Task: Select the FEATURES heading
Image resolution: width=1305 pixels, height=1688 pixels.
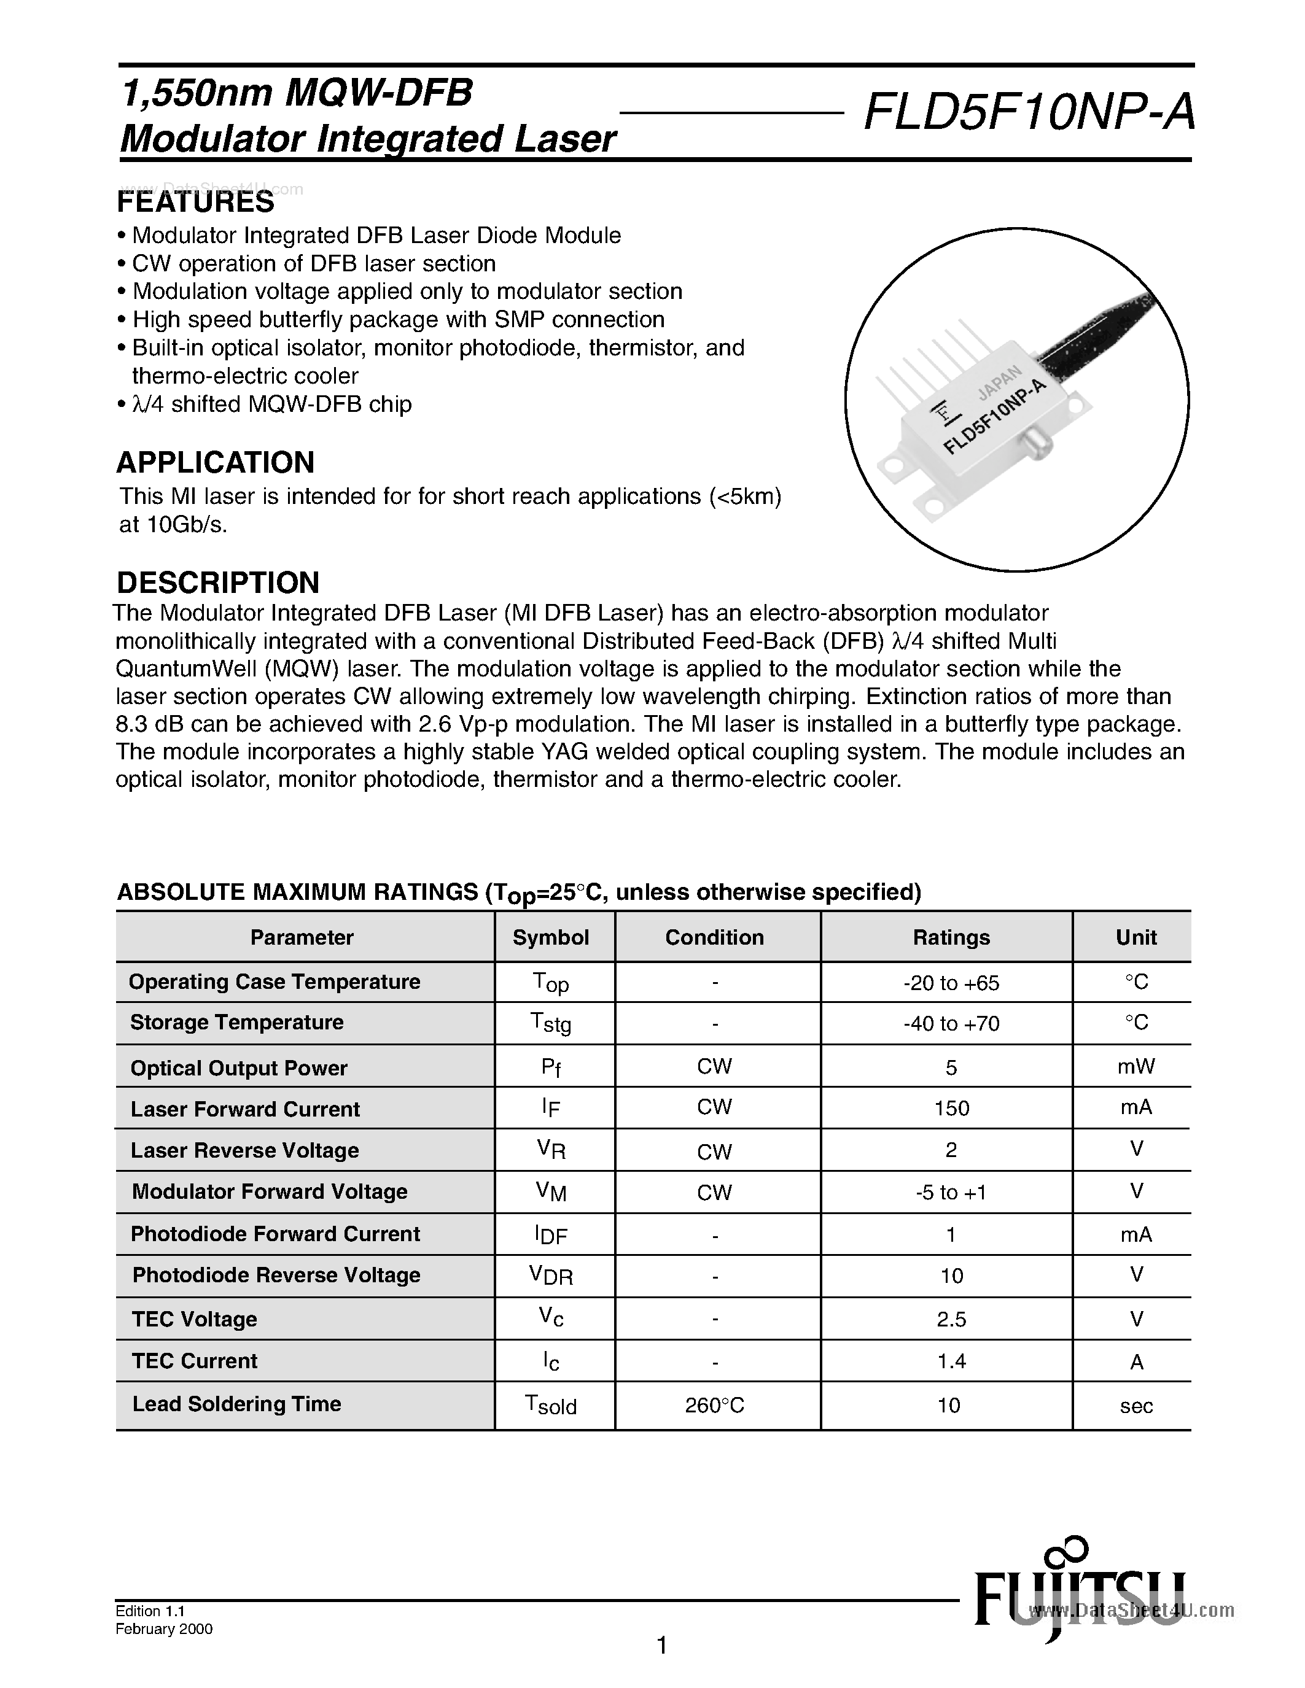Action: pos(195,203)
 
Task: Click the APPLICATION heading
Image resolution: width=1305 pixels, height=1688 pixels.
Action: pos(215,462)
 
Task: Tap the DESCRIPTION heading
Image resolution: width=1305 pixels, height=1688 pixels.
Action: pos(217,582)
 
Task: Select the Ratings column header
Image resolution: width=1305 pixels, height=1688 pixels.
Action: pos(951,937)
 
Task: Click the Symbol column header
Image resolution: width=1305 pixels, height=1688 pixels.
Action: pos(550,937)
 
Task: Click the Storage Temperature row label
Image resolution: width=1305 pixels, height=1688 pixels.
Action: pos(236,1023)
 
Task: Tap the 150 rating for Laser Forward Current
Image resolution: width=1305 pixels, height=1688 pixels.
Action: pos(951,1109)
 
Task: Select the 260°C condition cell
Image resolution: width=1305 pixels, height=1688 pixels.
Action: pos(714,1405)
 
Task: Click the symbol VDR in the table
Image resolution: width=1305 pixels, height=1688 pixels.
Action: pos(550,1276)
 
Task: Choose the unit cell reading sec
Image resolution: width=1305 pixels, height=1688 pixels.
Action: pos(1136,1406)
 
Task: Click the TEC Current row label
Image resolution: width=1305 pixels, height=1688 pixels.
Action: pos(195,1361)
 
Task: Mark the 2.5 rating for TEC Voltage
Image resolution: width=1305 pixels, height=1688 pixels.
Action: pos(951,1319)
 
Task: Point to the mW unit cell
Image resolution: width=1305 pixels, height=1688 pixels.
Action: pos(1136,1067)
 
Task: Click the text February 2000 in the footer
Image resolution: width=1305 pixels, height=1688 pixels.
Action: pos(164,1629)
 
